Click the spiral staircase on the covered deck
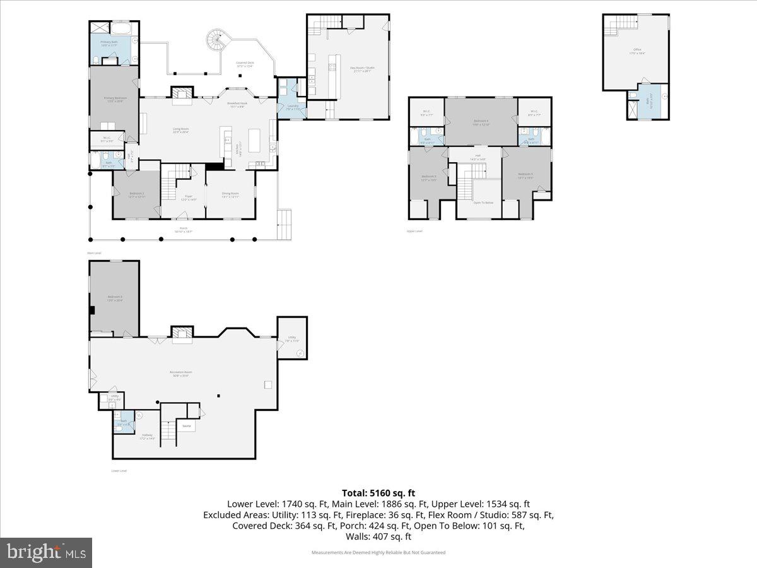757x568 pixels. coord(216,42)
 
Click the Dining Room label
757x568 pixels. coord(230,195)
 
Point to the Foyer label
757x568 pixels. coord(184,197)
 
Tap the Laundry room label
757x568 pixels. coord(292,107)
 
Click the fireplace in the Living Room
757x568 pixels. coord(182,95)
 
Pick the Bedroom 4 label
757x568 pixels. coord(481,122)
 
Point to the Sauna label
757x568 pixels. coord(186,426)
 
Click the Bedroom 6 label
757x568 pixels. coord(114,299)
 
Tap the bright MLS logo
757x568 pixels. coord(46,553)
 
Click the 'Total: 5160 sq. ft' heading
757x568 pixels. coord(378,493)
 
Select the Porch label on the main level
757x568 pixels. coord(184,230)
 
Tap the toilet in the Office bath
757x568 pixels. coord(632,95)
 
